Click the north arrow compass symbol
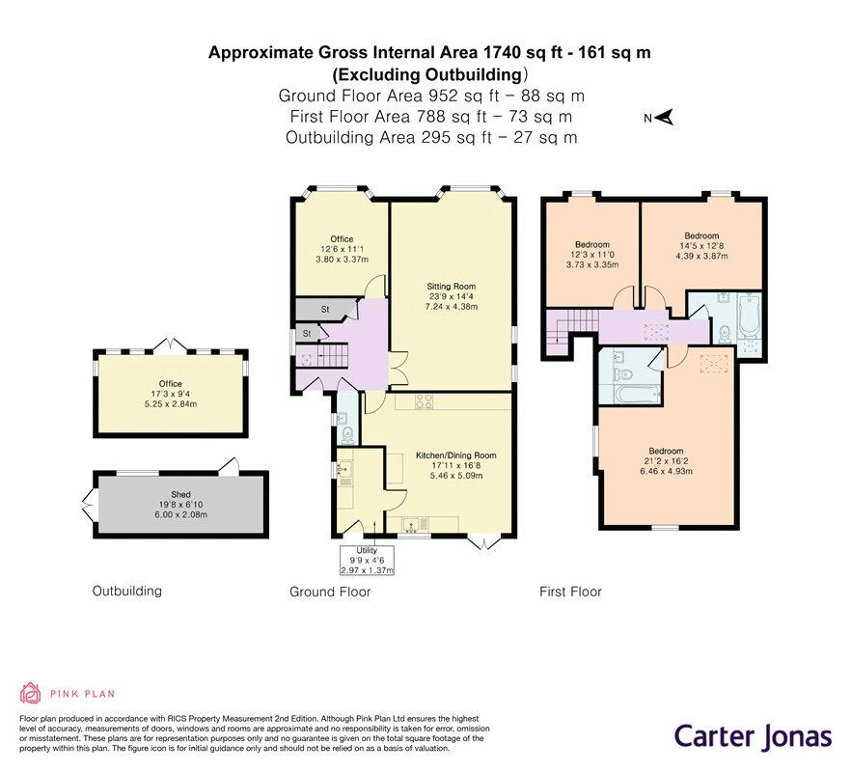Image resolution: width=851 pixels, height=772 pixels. [658, 118]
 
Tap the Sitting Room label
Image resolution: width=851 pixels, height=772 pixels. [451, 296]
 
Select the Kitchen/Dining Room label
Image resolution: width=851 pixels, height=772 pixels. [455, 465]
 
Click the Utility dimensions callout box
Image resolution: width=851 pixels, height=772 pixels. [367, 560]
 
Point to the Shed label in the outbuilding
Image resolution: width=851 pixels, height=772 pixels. [180, 505]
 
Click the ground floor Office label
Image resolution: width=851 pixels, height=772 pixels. [342, 249]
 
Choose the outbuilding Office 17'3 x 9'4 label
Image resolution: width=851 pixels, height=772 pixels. [171, 394]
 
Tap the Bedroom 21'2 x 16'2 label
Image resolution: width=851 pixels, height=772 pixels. [666, 461]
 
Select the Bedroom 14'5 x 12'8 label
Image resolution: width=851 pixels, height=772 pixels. [701, 246]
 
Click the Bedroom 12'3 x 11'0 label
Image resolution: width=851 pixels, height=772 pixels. [592, 255]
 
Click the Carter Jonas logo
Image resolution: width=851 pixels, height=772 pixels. [753, 737]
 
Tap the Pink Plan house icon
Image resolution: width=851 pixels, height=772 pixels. [31, 693]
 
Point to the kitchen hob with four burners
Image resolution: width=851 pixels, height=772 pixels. [424, 401]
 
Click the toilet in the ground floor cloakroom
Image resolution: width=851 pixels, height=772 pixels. [348, 434]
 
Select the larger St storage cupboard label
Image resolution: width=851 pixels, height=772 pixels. [325, 310]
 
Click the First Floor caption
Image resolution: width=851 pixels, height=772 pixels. [570, 592]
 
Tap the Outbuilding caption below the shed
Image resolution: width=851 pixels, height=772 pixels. [127, 591]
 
